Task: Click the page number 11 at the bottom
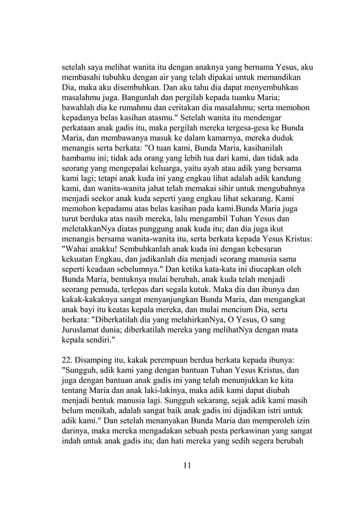187,465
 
